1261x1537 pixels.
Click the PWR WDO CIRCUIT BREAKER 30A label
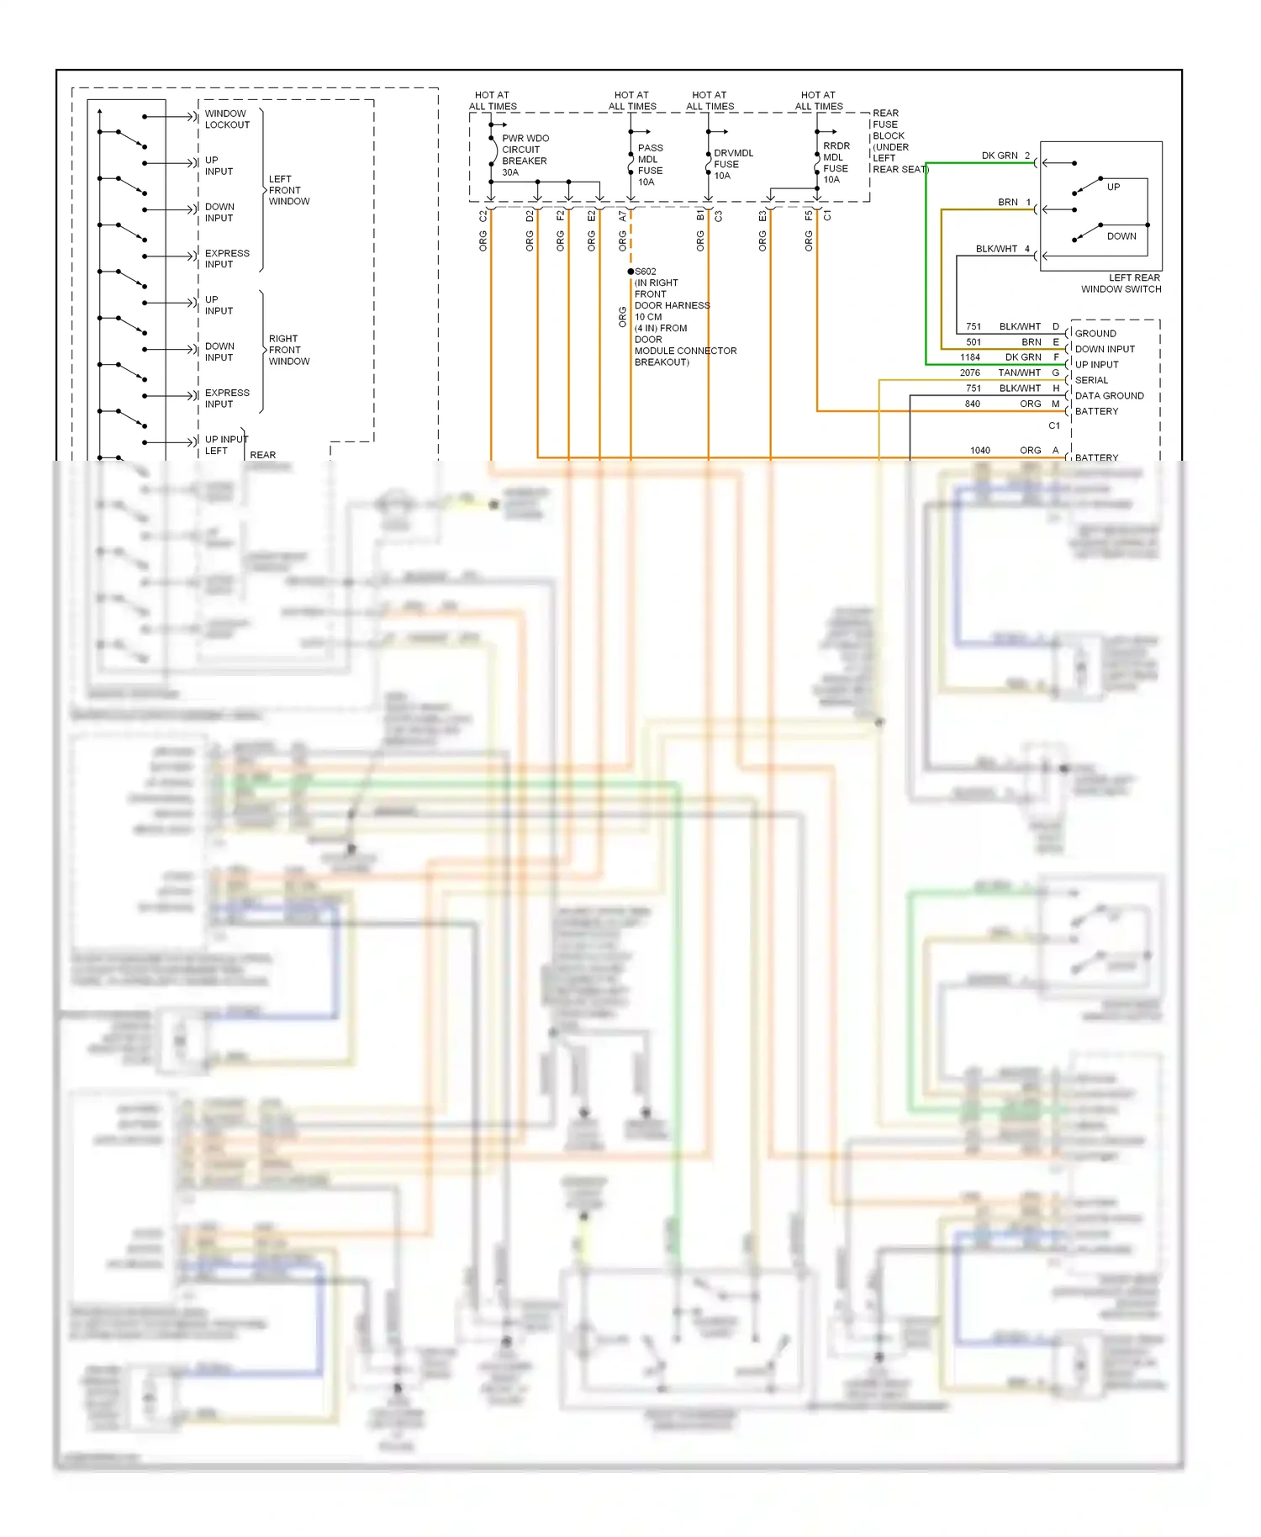pos(525,155)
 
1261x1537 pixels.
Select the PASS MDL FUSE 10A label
pos(650,165)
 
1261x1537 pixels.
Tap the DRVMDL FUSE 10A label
pos(732,164)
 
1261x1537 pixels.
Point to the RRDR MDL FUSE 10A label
pos(836,162)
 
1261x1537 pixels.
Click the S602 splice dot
pos(630,272)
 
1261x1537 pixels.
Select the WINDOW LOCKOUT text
pos(227,119)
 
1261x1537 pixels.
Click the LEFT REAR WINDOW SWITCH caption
pos(1121,283)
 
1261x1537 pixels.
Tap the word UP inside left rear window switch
pos(1113,187)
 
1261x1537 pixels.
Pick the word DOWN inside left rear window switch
pos(1121,236)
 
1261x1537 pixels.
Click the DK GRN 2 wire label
pos(1005,156)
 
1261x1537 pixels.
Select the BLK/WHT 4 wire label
pos(1001,249)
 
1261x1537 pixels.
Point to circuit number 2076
pos(970,372)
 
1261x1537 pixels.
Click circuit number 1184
pos(970,357)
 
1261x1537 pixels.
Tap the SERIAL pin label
pos(1091,380)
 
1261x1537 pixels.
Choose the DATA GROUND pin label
pos(1109,395)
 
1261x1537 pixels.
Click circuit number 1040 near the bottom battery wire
pos(980,451)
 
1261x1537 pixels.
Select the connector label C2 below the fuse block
pos(483,217)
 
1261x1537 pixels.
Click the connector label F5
pos(809,216)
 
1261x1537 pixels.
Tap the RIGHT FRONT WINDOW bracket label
pos(288,350)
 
